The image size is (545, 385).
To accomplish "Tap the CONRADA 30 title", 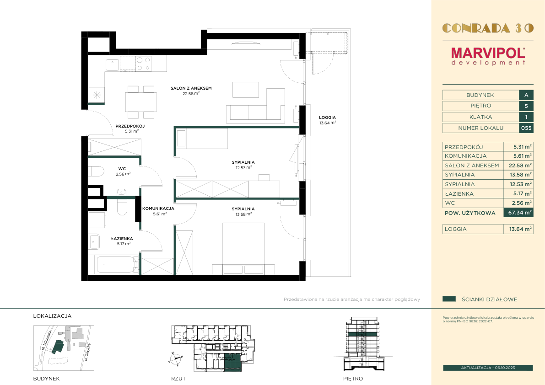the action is [488, 28].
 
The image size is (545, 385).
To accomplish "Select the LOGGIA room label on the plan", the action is [328, 118].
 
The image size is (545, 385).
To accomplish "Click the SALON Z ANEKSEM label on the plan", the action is [191, 88].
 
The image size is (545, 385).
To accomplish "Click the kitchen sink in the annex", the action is [112, 65].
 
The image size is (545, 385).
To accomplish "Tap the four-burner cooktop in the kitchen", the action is [143, 64].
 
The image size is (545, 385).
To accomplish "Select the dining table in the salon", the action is [141, 102].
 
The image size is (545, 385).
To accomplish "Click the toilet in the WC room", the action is [96, 171].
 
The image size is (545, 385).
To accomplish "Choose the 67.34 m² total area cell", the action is [518, 213].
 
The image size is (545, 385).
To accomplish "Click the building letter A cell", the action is [526, 95].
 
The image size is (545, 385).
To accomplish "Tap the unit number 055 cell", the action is [526, 128].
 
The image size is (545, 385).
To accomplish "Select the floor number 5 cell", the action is [526, 106].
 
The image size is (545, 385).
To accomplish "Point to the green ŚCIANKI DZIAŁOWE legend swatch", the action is [449, 299].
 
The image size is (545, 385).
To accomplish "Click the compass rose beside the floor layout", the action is [176, 358].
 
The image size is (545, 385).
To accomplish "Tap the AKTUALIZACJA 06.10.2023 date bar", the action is [488, 368].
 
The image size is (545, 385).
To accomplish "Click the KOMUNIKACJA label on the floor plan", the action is [158, 209].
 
